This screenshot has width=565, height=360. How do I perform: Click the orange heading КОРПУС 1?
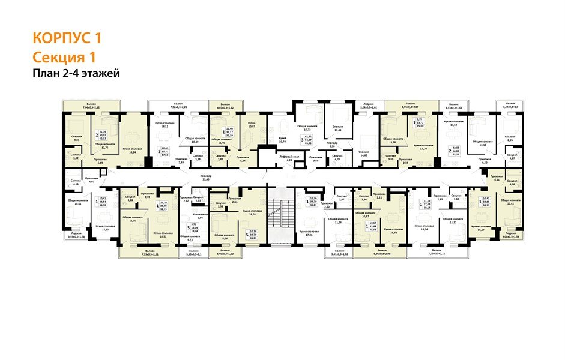(x=66, y=38)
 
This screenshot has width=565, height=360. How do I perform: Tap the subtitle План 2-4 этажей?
(x=76, y=73)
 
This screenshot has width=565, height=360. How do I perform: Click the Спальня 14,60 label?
(x=363, y=154)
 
